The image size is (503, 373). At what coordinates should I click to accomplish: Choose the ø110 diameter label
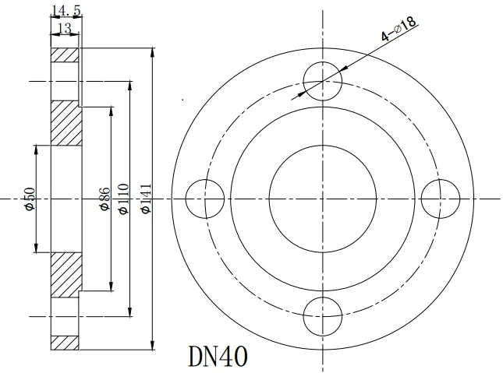(122, 199)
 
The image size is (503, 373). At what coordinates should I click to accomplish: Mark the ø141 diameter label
(145, 199)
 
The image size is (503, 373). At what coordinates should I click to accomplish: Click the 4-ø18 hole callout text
(399, 28)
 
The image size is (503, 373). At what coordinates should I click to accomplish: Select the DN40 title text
(218, 356)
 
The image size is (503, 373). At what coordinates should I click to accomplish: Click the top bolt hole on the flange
(322, 81)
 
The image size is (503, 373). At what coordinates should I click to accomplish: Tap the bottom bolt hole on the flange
(322, 316)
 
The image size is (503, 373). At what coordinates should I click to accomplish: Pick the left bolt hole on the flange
(205, 199)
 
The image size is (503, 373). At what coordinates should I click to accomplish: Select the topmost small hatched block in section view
(65, 56)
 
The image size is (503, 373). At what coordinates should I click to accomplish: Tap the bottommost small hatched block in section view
(65, 342)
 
